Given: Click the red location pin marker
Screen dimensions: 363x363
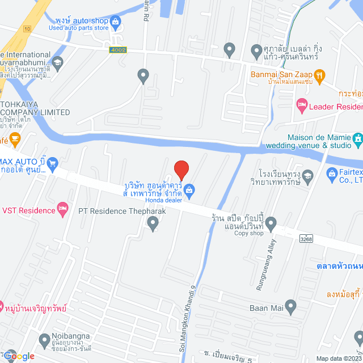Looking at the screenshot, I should (x=181, y=170).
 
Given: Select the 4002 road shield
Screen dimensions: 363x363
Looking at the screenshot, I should (x=118, y=50).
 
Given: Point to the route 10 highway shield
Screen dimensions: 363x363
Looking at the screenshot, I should (x=26, y=28).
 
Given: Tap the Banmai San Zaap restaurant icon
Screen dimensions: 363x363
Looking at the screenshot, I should (x=319, y=74).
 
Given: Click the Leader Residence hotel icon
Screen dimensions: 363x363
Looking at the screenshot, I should (x=302, y=105).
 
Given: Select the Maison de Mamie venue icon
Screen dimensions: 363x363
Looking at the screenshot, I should (x=357, y=138).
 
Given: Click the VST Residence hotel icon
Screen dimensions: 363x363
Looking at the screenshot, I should (x=63, y=210).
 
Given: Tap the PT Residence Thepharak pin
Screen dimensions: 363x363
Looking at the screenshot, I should (x=153, y=225).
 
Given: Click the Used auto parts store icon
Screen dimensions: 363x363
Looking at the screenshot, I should (x=116, y=22).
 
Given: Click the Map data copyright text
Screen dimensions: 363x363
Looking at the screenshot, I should (x=339, y=358).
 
